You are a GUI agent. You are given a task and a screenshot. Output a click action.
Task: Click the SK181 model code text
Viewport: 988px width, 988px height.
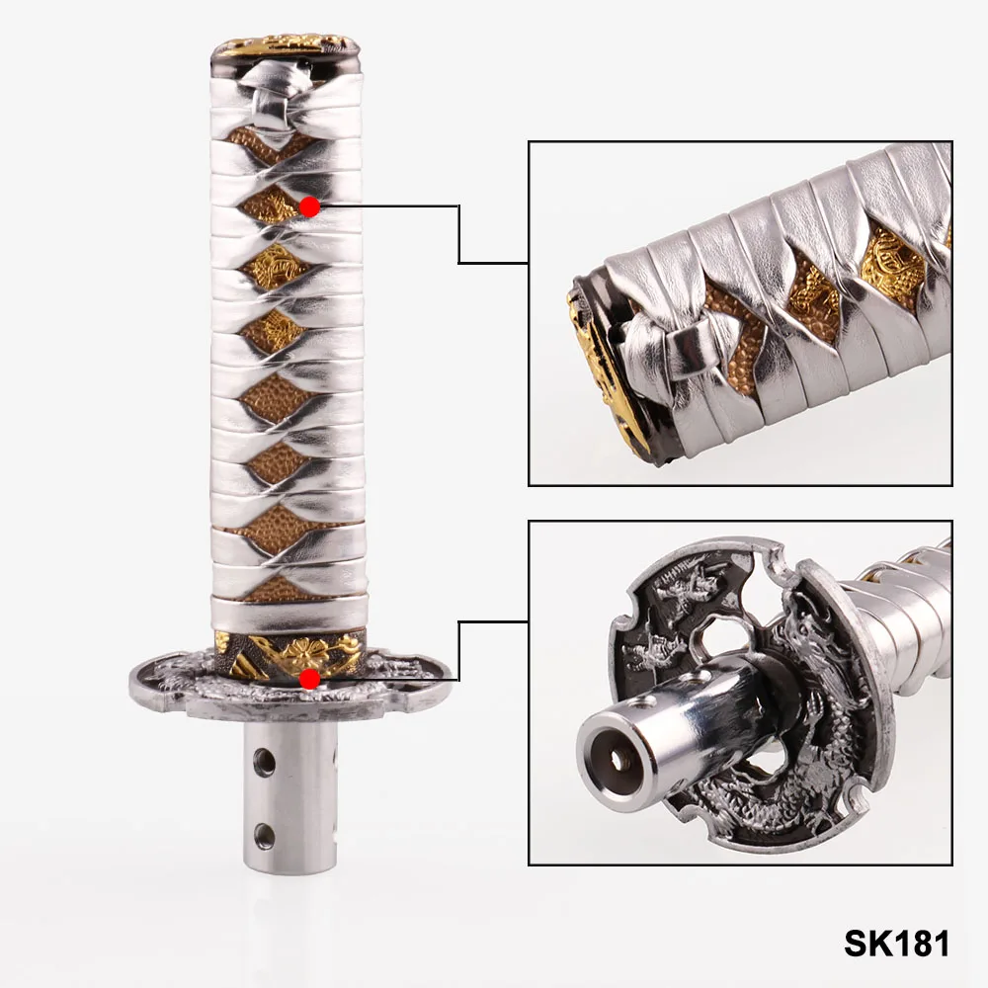click(x=896, y=944)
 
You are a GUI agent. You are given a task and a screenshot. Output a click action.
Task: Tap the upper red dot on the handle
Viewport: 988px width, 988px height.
click(x=309, y=206)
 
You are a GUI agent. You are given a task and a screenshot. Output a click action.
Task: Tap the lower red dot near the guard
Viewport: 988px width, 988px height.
click(x=308, y=680)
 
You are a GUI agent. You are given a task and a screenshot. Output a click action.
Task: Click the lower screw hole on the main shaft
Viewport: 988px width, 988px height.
click(x=265, y=835)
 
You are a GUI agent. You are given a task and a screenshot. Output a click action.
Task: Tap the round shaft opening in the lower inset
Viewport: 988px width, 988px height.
click(x=617, y=759)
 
